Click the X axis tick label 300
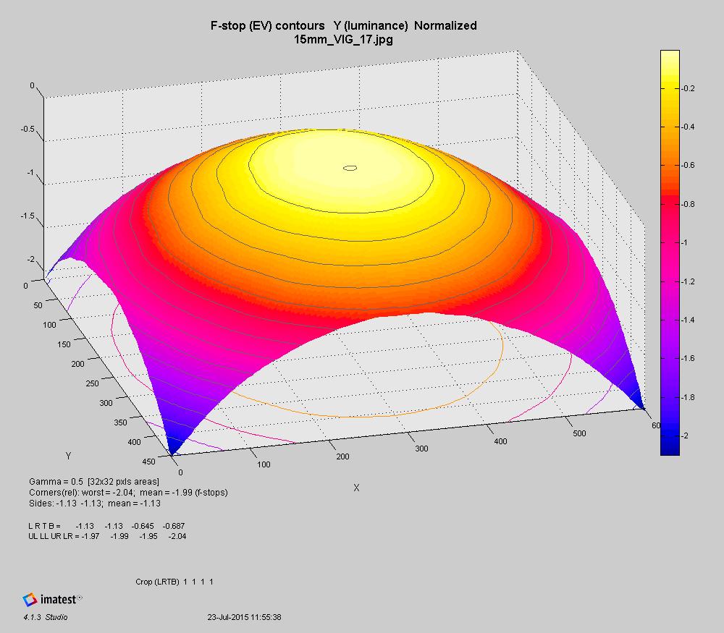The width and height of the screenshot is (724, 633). pos(421,449)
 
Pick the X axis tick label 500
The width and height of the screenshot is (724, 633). pos(578,433)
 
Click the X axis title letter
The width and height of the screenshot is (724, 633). pos(355,488)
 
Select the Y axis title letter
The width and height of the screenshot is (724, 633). pos(68,456)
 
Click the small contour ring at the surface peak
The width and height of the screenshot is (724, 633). pos(350,168)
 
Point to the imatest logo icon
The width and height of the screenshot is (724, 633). pos(30,599)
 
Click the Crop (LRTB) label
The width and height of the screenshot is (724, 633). pos(157,582)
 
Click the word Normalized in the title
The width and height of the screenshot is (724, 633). pos(445,26)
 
